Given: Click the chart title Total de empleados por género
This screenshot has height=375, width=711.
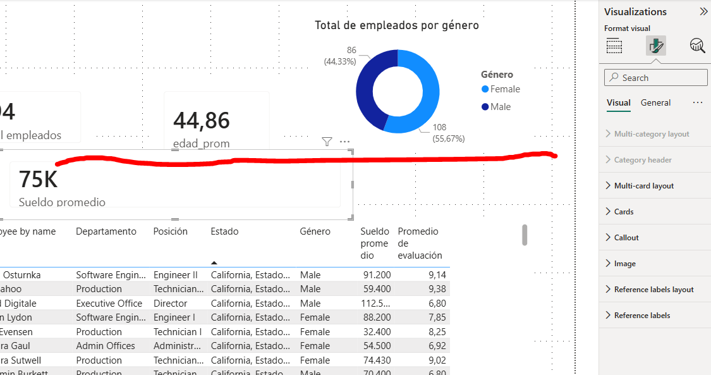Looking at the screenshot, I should click(396, 25).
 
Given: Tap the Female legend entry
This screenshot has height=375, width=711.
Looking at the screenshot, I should click(504, 89).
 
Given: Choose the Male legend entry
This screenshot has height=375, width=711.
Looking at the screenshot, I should click(500, 107).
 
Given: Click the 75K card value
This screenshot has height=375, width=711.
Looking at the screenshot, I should click(38, 180).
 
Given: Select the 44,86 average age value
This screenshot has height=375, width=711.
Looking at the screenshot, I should click(202, 120).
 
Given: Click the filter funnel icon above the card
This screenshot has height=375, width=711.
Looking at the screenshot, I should click(327, 142).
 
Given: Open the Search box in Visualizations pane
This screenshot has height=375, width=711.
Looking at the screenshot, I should click(656, 78).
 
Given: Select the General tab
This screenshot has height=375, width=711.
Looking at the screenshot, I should click(655, 102).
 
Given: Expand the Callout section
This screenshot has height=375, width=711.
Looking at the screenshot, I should click(626, 238).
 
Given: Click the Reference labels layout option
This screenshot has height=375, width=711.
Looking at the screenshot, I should click(653, 290).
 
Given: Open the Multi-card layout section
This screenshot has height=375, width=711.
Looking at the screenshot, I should click(643, 186).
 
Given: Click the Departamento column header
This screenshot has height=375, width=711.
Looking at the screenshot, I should click(106, 231).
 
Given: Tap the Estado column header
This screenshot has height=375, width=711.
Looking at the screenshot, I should click(224, 231).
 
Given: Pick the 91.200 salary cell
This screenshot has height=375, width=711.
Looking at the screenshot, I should click(376, 275).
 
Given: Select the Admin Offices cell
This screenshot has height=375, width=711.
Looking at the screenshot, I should click(106, 346).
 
